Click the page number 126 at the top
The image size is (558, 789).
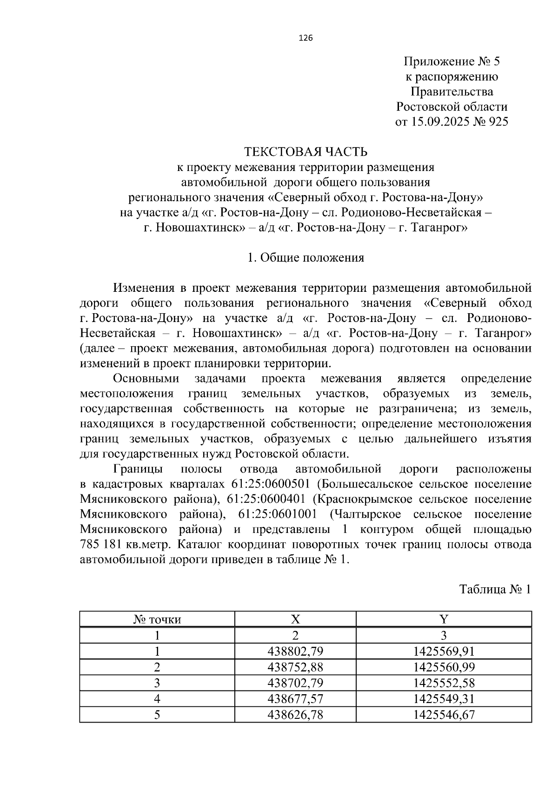(x=306, y=38)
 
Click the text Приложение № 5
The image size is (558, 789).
(x=452, y=62)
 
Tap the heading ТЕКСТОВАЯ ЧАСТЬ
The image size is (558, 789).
(x=306, y=152)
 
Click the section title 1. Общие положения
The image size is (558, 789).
(x=306, y=257)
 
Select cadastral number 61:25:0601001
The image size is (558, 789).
(x=278, y=514)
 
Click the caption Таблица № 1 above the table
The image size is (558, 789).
(x=495, y=590)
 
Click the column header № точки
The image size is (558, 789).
(x=157, y=619)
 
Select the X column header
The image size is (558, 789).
(x=295, y=619)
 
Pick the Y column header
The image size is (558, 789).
(x=444, y=619)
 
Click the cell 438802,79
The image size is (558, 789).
(x=295, y=651)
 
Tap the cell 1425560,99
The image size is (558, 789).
(x=444, y=667)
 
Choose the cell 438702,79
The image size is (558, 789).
(x=295, y=683)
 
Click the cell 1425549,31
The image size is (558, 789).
(x=444, y=699)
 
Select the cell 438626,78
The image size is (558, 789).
(x=295, y=715)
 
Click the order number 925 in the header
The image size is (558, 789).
(x=496, y=122)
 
